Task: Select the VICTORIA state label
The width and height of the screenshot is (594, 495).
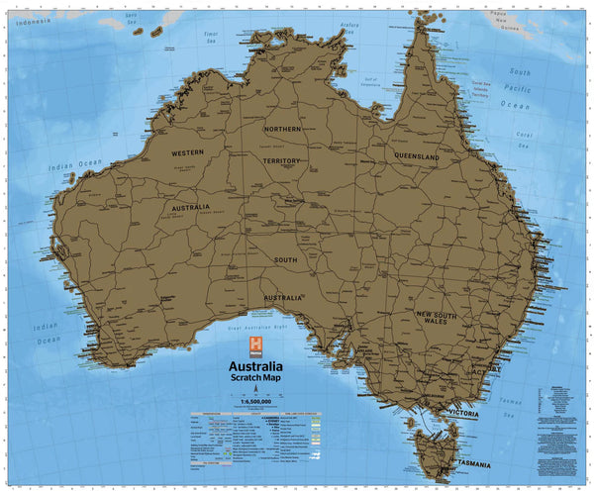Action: [463, 411]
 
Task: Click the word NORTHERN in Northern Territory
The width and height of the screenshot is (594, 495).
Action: [283, 129]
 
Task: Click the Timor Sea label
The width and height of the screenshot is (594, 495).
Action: [210, 36]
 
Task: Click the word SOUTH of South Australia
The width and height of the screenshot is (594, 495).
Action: [286, 259]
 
